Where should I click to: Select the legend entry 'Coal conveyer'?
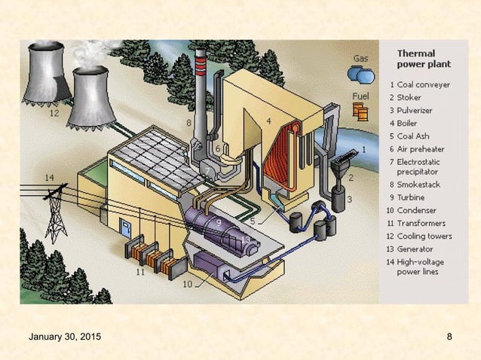424,85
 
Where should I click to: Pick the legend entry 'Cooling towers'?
425,236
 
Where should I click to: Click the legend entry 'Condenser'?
418,210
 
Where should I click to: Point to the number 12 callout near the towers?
54,114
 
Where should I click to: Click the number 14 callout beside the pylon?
49,178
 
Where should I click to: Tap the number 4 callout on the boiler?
268,121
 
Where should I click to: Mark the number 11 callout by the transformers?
139,273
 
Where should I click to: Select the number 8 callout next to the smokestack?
188,121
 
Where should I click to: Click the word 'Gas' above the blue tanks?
360,58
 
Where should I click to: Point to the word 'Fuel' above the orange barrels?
360,96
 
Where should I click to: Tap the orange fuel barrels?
360,111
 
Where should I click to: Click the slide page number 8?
449,335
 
